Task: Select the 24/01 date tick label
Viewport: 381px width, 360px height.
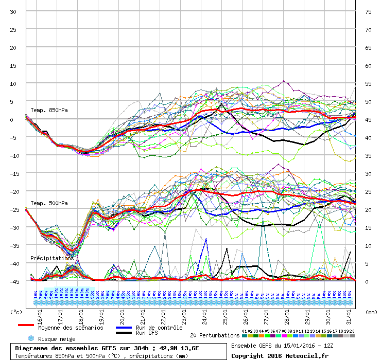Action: tap(204, 312)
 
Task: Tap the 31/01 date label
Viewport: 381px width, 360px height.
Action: tap(349, 312)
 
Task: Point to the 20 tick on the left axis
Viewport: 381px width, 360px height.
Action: tap(13, 47)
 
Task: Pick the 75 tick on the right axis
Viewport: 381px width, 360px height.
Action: tap(368, 11)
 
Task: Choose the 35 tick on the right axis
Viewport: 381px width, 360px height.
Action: tap(368, 155)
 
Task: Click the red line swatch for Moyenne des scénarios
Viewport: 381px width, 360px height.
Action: tap(26, 325)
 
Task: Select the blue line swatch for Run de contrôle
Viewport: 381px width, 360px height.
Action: tap(124, 327)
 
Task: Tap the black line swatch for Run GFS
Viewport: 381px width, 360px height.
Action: tap(124, 333)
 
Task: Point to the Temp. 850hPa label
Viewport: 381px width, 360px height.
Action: tap(49, 110)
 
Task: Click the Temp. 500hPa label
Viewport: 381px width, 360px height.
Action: tap(49, 203)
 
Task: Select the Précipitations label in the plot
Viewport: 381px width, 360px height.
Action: tap(51, 258)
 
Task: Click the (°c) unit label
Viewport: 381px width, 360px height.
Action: tap(16, 312)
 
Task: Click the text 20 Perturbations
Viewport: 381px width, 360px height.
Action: tap(215, 335)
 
